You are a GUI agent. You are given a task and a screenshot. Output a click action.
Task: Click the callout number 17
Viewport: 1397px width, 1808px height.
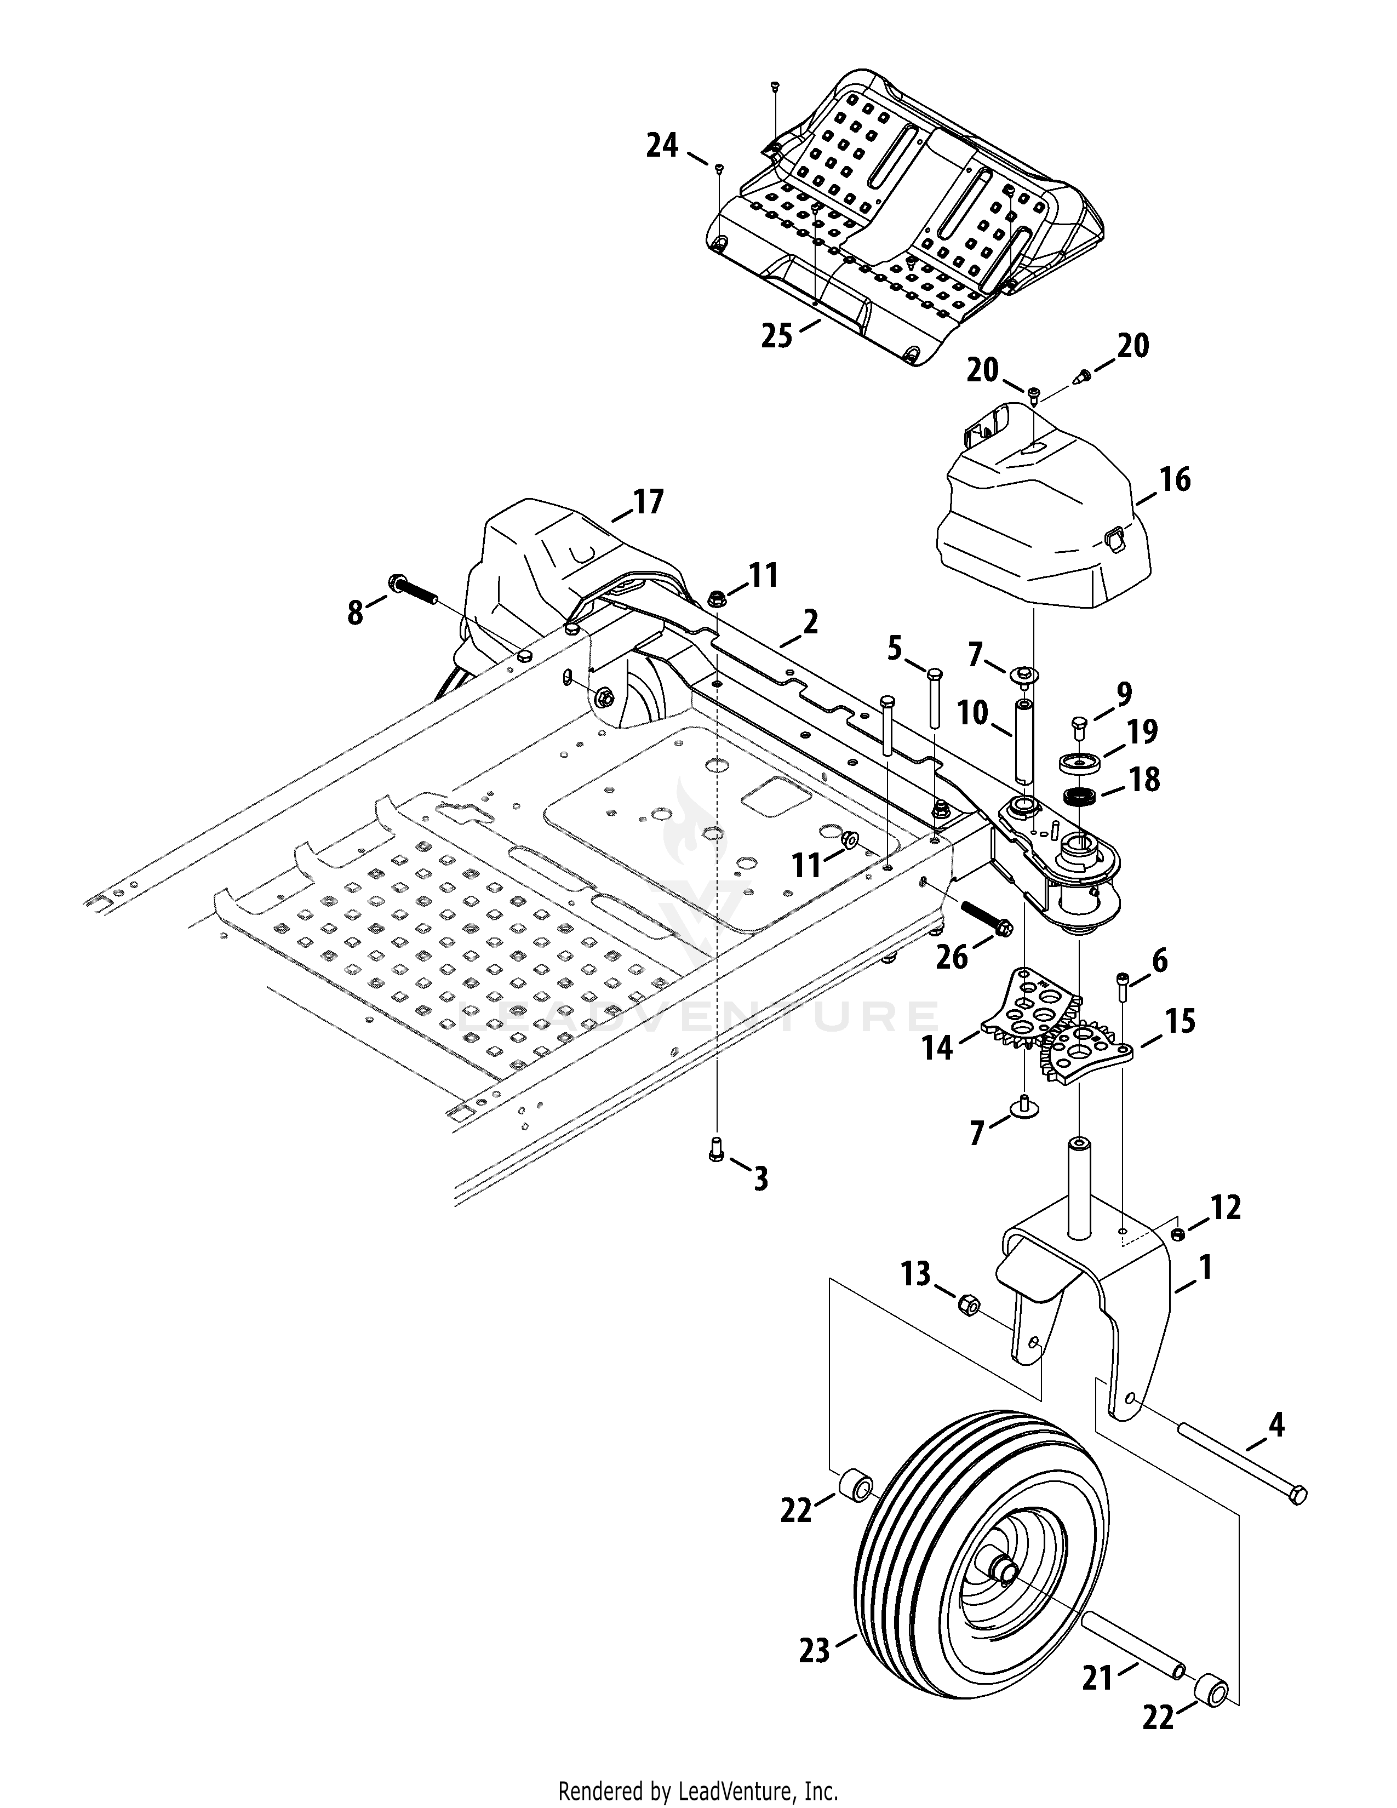648,502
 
